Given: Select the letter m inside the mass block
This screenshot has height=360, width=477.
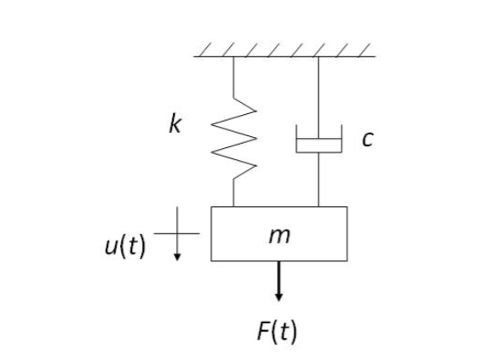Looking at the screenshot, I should point(279,235).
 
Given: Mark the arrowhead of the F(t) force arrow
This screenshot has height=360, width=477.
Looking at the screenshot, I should point(279,297).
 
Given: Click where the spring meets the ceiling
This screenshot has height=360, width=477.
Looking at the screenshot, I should point(233,57).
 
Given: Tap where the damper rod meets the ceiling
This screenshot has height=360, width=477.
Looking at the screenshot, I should point(319,57).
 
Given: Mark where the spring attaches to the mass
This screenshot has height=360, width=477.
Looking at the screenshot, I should point(233,206).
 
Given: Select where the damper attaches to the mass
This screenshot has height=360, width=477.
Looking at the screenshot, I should point(319,206).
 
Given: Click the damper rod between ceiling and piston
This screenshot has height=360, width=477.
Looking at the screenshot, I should point(319,94).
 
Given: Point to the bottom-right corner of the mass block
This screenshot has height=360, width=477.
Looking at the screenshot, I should point(347,260).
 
